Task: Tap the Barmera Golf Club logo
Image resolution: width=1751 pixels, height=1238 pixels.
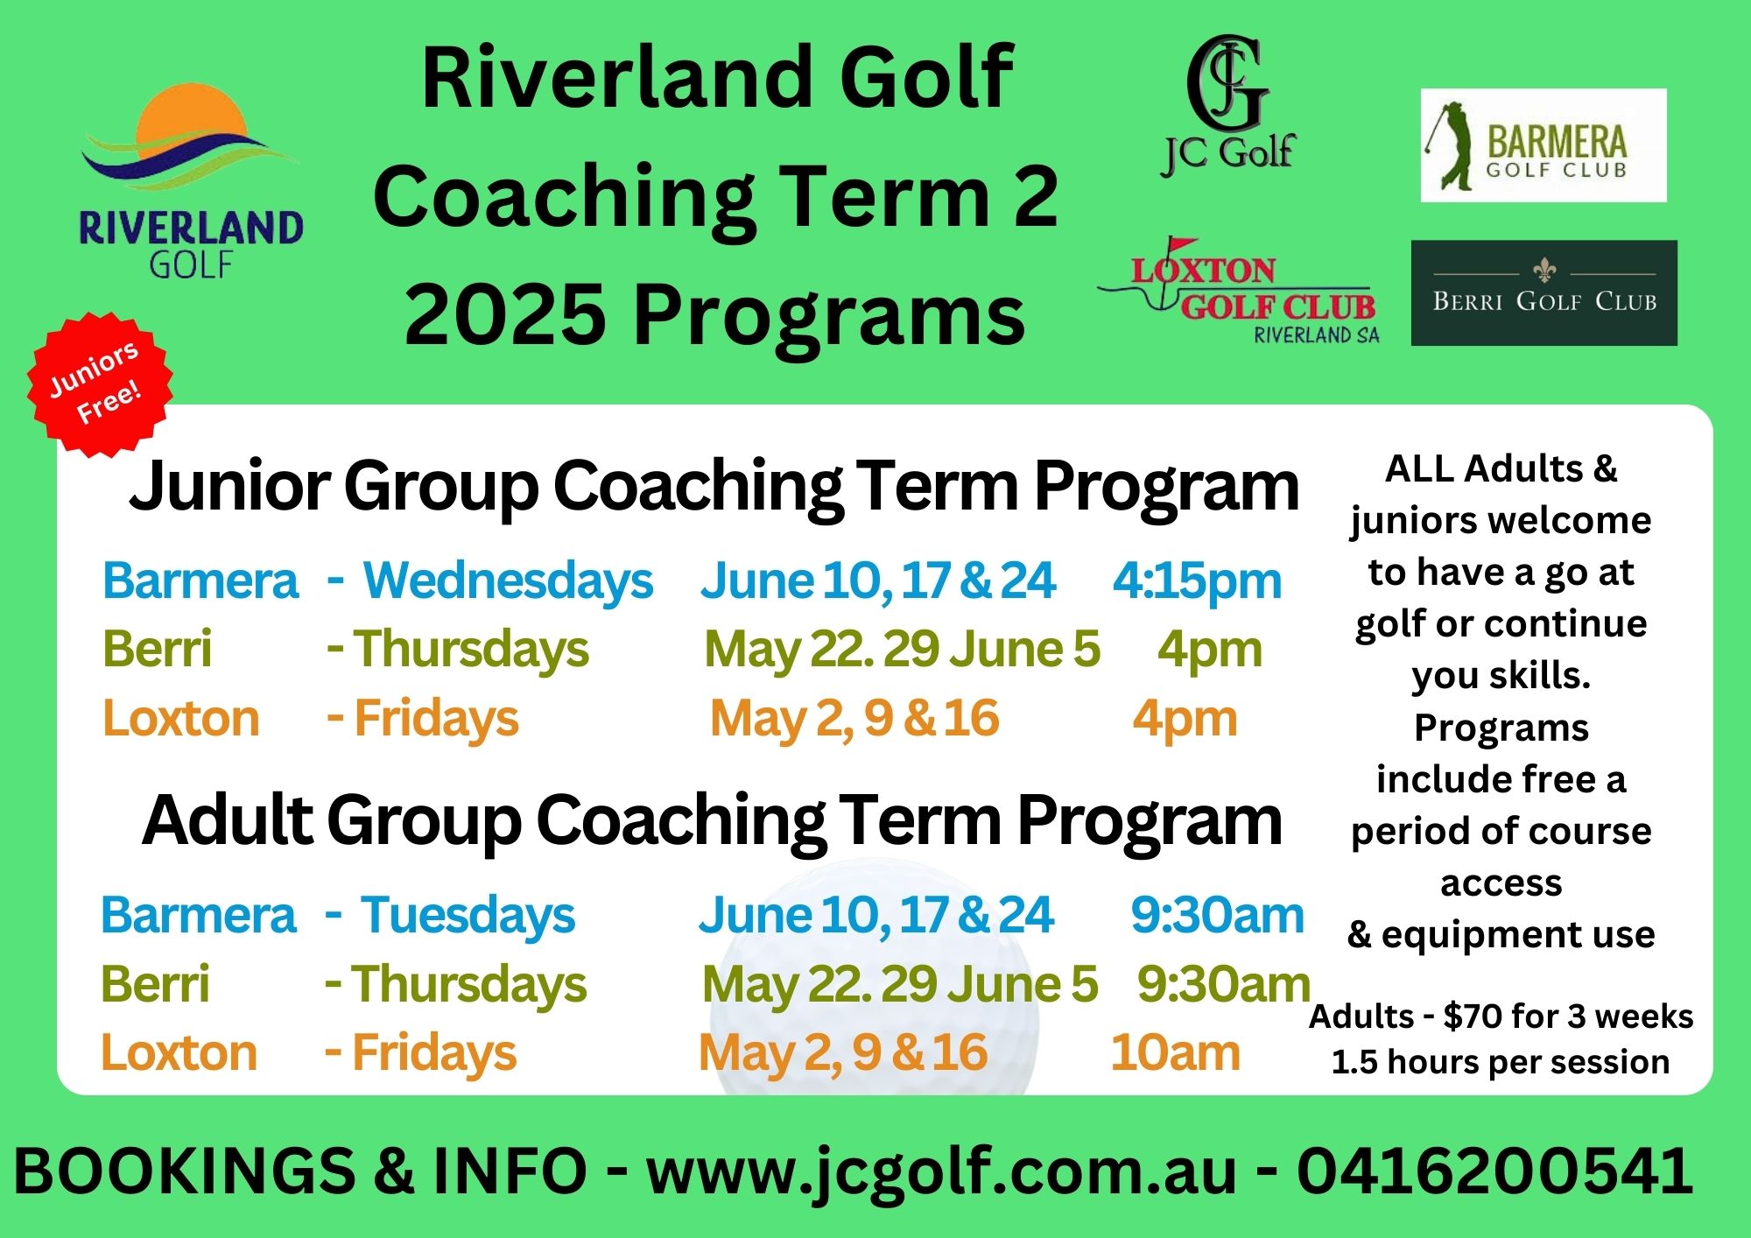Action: [x=1544, y=145]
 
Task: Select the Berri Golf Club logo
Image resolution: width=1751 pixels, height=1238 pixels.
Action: [x=1544, y=293]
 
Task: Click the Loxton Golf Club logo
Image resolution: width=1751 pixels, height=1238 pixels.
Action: [x=1239, y=291]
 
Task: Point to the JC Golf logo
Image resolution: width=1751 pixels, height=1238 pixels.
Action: [x=1228, y=106]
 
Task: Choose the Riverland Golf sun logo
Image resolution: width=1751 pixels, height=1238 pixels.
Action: [x=191, y=181]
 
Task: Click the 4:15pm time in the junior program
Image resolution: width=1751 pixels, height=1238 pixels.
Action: [x=1197, y=580]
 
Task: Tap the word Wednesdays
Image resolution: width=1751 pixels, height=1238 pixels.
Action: [x=508, y=580]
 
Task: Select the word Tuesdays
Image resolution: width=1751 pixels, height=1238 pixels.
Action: [x=468, y=915]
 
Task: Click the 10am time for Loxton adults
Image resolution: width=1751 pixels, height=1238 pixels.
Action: [x=1175, y=1052]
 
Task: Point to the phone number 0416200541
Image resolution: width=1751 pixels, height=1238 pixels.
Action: [x=1494, y=1171]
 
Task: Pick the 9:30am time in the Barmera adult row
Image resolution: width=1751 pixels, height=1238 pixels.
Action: [x=1217, y=915]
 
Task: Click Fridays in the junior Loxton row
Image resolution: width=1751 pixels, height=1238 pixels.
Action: [x=436, y=719]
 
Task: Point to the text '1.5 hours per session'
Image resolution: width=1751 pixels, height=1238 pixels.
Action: [x=1500, y=1062]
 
